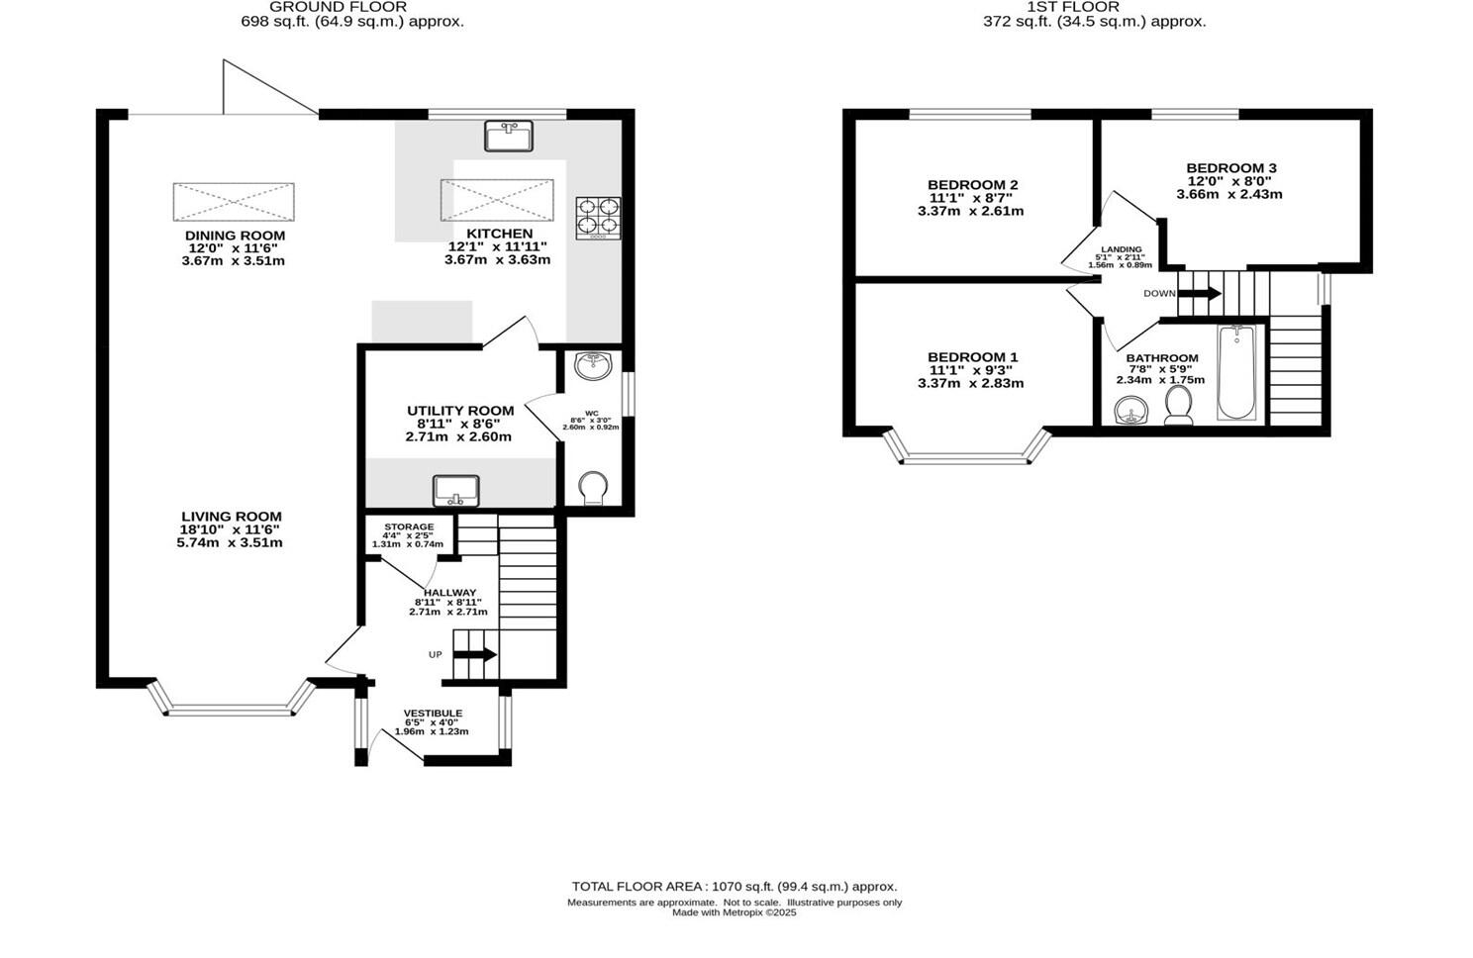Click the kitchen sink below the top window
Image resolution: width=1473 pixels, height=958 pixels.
509,136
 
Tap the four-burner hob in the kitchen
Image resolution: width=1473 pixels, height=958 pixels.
599,218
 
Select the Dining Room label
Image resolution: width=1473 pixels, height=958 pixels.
235,236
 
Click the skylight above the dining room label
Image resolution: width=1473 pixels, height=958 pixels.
234,202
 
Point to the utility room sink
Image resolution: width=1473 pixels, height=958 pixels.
456,490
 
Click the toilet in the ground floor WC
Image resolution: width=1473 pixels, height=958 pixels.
593,489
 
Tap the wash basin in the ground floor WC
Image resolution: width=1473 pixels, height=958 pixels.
594,365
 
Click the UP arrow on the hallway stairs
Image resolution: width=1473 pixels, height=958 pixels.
474,654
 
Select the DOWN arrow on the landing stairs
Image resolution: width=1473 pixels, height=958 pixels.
1199,293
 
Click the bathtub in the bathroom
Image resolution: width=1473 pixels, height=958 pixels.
1236,372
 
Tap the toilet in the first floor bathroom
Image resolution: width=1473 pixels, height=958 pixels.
1178,406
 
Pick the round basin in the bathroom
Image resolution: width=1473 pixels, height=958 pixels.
1129,409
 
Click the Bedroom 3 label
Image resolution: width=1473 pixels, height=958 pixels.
1230,168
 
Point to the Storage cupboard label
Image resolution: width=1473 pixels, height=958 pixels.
409,527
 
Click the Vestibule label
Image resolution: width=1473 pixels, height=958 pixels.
433,714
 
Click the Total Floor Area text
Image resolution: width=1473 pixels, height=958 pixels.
734,887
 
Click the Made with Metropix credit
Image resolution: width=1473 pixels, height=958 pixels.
734,913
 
